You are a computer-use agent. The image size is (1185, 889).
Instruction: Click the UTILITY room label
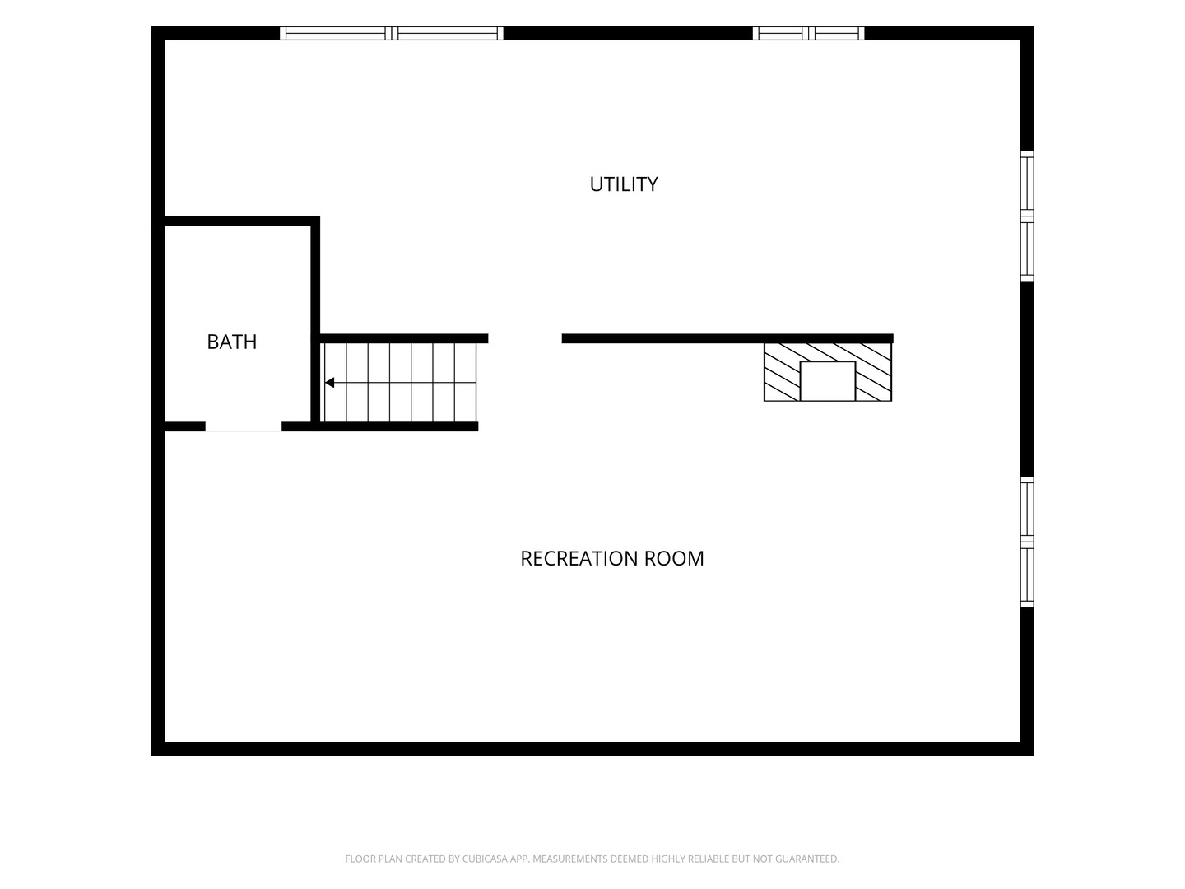tap(624, 184)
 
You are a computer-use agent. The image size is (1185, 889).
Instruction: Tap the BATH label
tap(231, 342)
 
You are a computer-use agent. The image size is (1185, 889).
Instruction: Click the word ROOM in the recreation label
tap(674, 559)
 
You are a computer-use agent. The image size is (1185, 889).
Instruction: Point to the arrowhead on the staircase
tap(329, 383)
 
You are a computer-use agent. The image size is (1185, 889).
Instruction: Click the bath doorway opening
tap(244, 426)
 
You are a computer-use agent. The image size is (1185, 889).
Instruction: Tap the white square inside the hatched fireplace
tap(827, 381)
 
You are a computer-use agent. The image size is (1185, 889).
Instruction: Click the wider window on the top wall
tap(392, 33)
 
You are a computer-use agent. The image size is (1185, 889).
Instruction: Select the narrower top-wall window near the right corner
tap(808, 33)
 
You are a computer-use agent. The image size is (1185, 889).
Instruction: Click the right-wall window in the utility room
tap(1027, 216)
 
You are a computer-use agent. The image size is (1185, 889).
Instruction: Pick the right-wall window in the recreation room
tap(1027, 542)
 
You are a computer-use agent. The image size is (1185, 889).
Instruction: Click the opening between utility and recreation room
tap(525, 338)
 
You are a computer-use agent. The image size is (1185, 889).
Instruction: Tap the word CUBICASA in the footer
tap(484, 859)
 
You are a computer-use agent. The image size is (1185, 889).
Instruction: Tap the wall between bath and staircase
tap(315, 323)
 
